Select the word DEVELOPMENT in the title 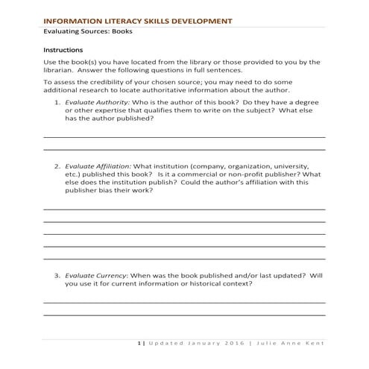click(195, 22)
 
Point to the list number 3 click(57, 275)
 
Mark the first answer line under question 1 click(185, 137)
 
